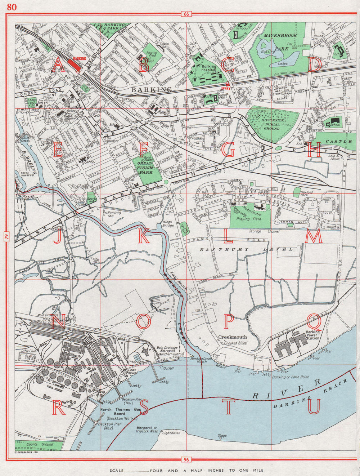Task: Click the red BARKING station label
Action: click(x=79, y=58)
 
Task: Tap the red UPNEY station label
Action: click(x=225, y=87)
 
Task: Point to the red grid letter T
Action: click(x=228, y=407)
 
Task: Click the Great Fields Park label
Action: click(x=145, y=168)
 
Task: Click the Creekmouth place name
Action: click(x=233, y=337)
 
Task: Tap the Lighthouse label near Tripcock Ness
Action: click(x=171, y=433)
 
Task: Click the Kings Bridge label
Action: click(x=168, y=223)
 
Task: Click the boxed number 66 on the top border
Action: click(x=186, y=14)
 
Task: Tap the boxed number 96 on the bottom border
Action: click(x=186, y=459)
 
